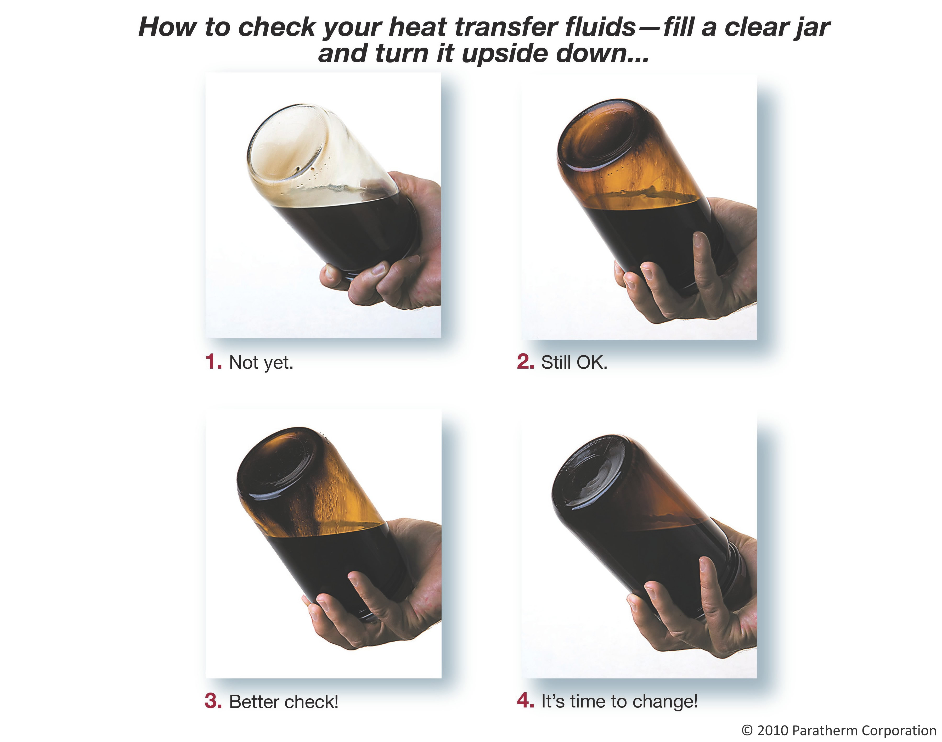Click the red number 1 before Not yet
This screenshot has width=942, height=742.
pos(213,362)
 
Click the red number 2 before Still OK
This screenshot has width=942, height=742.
pos(525,362)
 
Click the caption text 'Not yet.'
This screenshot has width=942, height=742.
pos(261,363)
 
